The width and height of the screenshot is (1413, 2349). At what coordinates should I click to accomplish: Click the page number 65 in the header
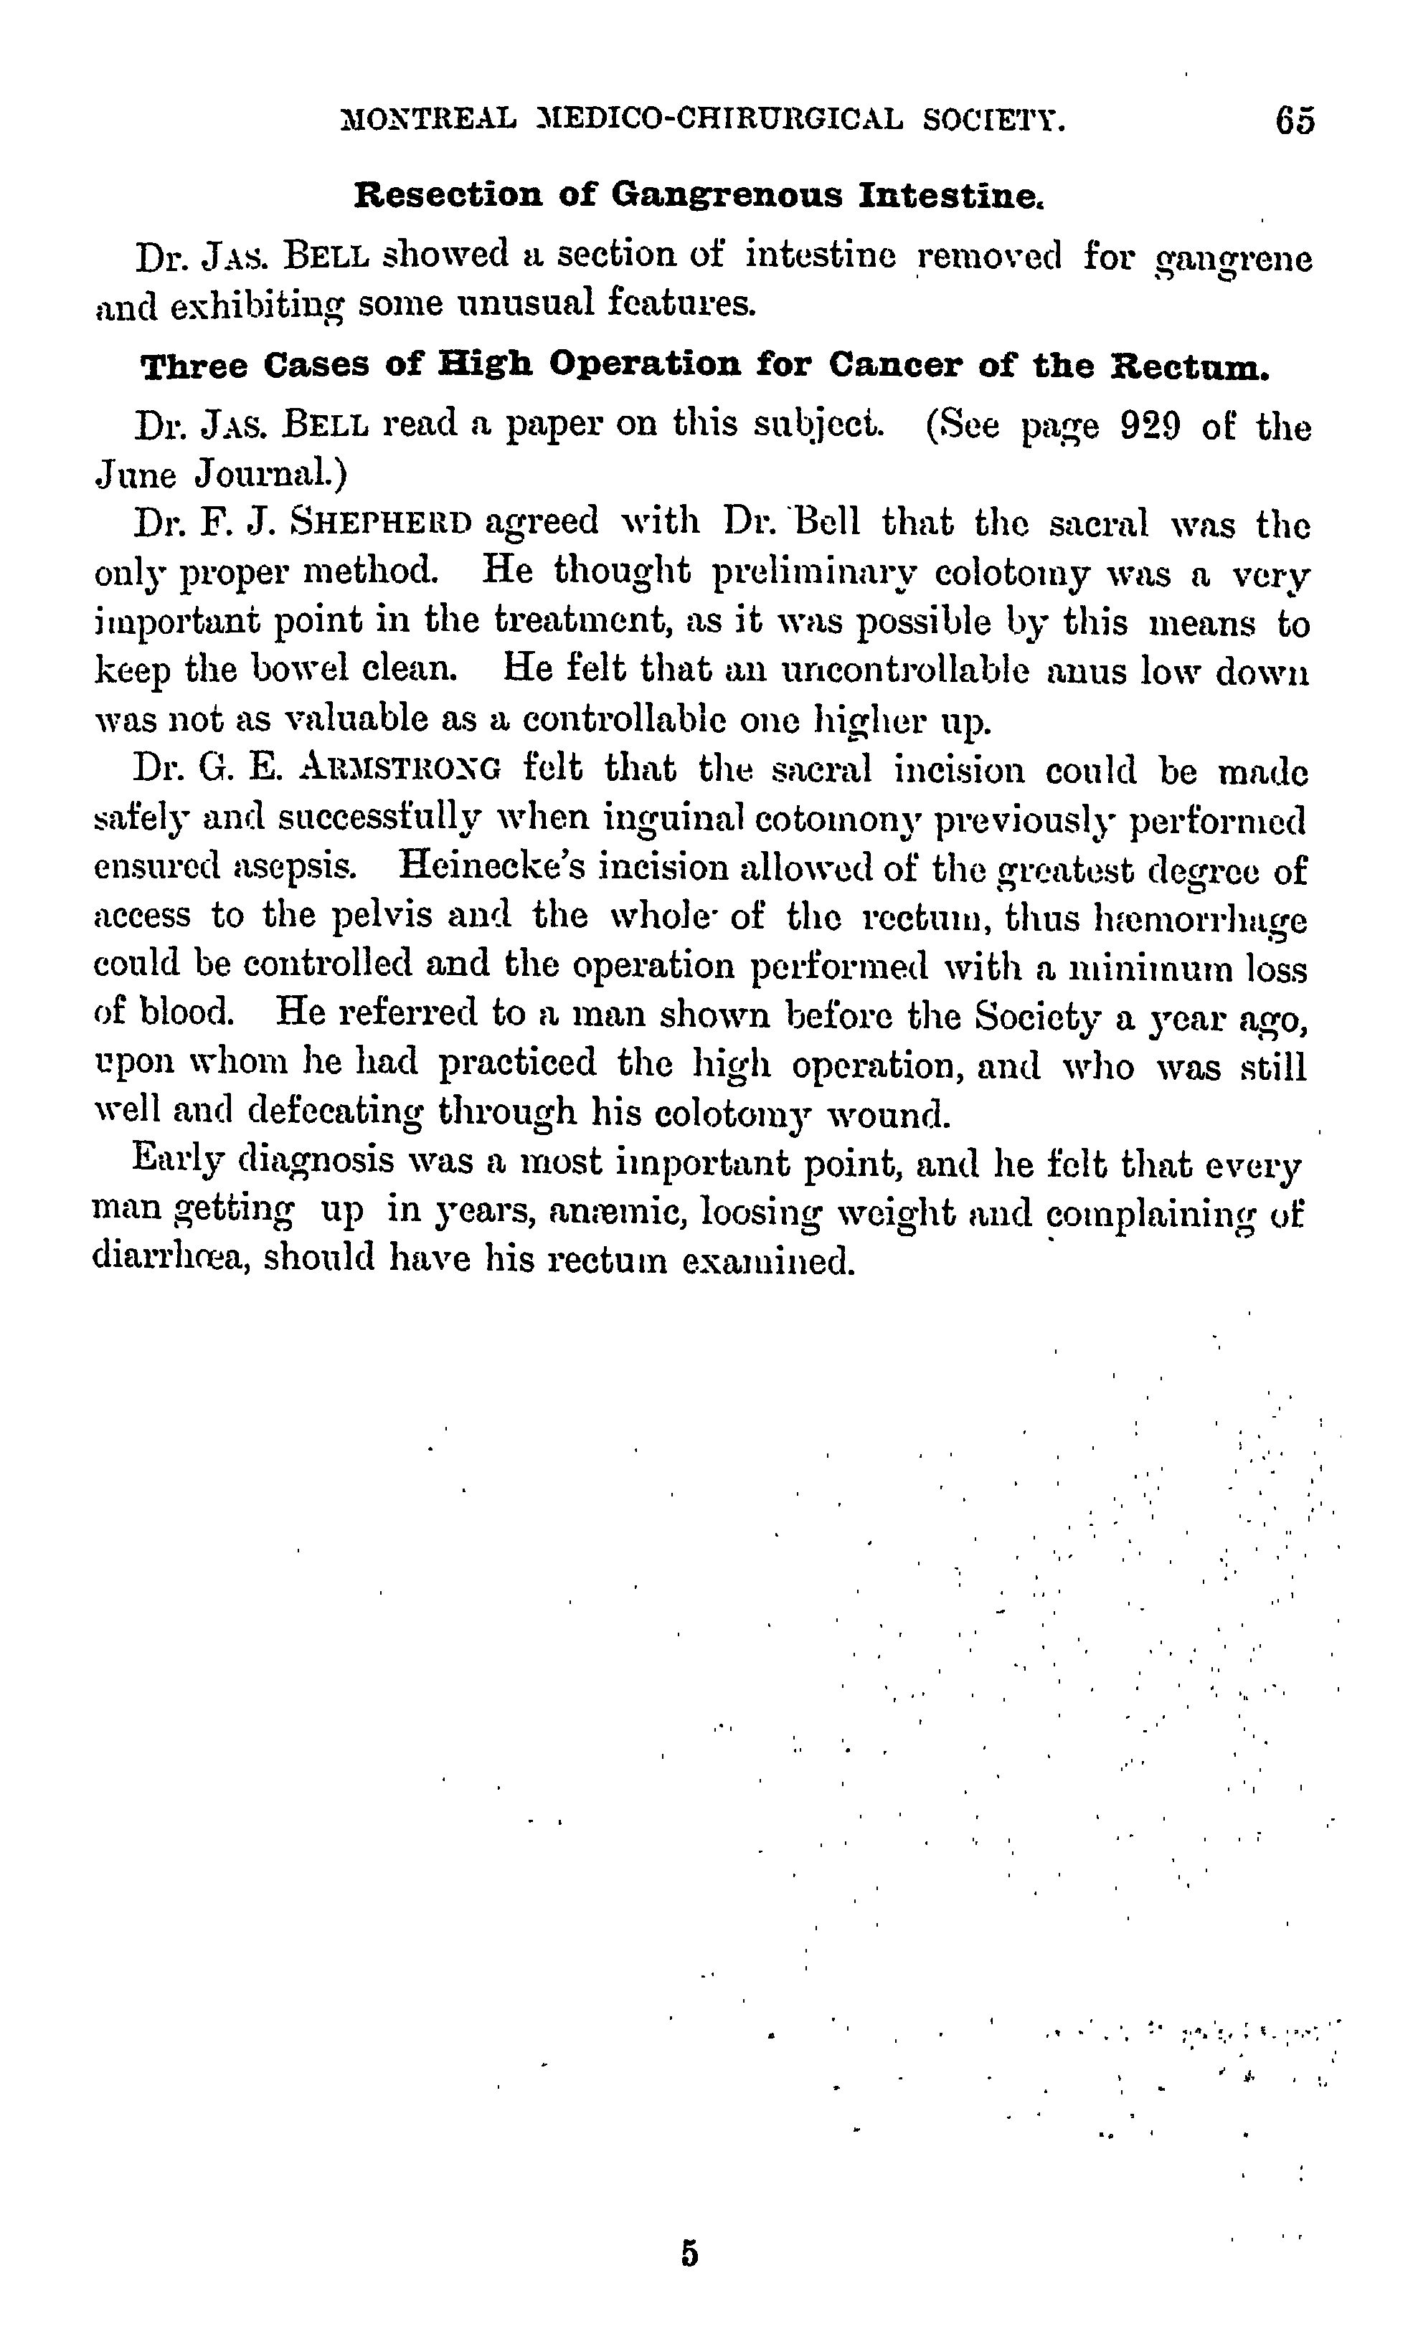(x=1295, y=122)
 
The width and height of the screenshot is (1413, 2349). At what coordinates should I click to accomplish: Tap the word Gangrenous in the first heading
(x=727, y=196)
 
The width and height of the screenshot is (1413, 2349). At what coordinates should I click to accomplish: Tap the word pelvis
(x=382, y=916)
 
